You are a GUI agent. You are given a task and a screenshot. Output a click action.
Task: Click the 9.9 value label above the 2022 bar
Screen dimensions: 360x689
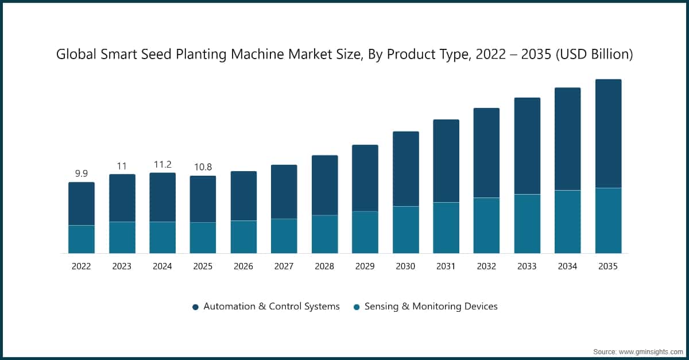pyautogui.click(x=81, y=173)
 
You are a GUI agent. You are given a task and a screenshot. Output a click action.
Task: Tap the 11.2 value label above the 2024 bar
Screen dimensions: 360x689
pyautogui.click(x=162, y=164)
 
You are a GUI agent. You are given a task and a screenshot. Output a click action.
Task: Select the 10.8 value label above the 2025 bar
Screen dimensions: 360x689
pyautogui.click(x=203, y=167)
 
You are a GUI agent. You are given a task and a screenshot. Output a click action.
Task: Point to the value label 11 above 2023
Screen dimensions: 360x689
pyautogui.click(x=122, y=166)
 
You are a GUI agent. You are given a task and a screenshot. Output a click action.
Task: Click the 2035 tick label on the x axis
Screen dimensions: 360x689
pyautogui.click(x=608, y=266)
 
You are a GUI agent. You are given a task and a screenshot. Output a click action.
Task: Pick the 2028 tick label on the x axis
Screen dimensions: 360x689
pyautogui.click(x=324, y=266)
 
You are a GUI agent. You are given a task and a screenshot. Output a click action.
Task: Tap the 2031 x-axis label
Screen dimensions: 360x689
pyautogui.click(x=446, y=266)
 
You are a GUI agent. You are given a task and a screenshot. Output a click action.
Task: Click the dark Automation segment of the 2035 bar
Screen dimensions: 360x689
pyautogui.click(x=608, y=133)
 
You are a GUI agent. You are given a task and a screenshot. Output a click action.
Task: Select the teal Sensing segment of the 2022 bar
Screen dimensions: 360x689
pyautogui.click(x=81, y=239)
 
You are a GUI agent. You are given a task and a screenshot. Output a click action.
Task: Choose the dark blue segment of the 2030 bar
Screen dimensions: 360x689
pyautogui.click(x=405, y=169)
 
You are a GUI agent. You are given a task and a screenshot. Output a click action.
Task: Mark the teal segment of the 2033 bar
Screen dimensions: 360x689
pyautogui.click(x=527, y=223)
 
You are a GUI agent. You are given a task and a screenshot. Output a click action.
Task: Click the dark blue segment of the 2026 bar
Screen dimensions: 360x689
pyautogui.click(x=243, y=196)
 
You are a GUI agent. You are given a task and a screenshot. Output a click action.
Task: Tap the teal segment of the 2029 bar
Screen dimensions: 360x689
pyautogui.click(x=365, y=232)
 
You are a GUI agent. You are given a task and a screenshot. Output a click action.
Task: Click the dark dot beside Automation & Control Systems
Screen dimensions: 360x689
pyautogui.click(x=195, y=307)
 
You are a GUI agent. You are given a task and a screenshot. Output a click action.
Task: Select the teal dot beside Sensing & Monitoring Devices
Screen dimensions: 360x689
pyautogui.click(x=357, y=307)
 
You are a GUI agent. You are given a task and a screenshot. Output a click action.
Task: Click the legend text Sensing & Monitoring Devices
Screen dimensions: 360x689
pyautogui.click(x=431, y=307)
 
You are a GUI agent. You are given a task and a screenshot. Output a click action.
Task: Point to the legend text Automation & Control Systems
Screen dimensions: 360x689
pyautogui.click(x=272, y=307)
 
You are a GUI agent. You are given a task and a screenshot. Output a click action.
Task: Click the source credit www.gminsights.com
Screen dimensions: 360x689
pyautogui.click(x=650, y=351)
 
